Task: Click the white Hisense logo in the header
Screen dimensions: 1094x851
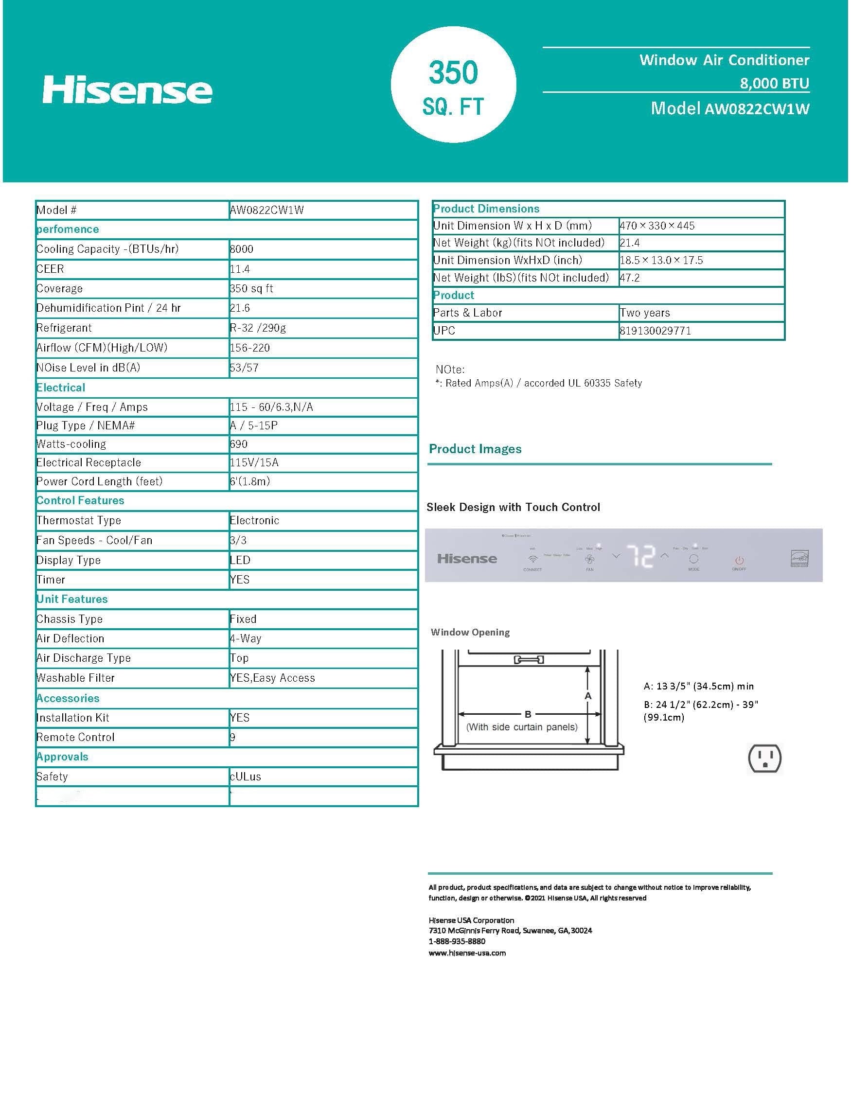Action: [127, 90]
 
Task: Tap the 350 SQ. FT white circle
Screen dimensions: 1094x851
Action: [453, 85]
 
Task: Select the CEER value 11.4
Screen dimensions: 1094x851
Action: [240, 269]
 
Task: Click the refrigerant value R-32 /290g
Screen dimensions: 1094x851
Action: [258, 328]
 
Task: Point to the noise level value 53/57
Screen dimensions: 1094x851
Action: [245, 368]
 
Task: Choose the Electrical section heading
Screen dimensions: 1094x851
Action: [61, 388]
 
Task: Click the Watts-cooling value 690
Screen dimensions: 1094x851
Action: [239, 444]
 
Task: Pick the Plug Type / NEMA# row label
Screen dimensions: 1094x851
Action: [86, 426]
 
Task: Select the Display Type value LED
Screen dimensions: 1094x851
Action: [240, 560]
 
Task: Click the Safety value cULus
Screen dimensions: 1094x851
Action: [246, 776]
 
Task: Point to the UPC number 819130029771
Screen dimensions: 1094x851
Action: [656, 331]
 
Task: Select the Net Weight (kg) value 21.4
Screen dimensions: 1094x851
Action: [630, 243]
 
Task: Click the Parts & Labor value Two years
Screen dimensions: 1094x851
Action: [645, 313]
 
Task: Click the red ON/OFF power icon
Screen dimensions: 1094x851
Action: [739, 560]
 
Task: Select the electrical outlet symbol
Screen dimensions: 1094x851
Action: [764, 758]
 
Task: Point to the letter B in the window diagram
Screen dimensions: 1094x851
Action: [528, 714]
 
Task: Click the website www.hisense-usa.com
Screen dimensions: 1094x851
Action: [467, 953]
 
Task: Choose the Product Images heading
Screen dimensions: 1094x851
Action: [475, 449]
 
